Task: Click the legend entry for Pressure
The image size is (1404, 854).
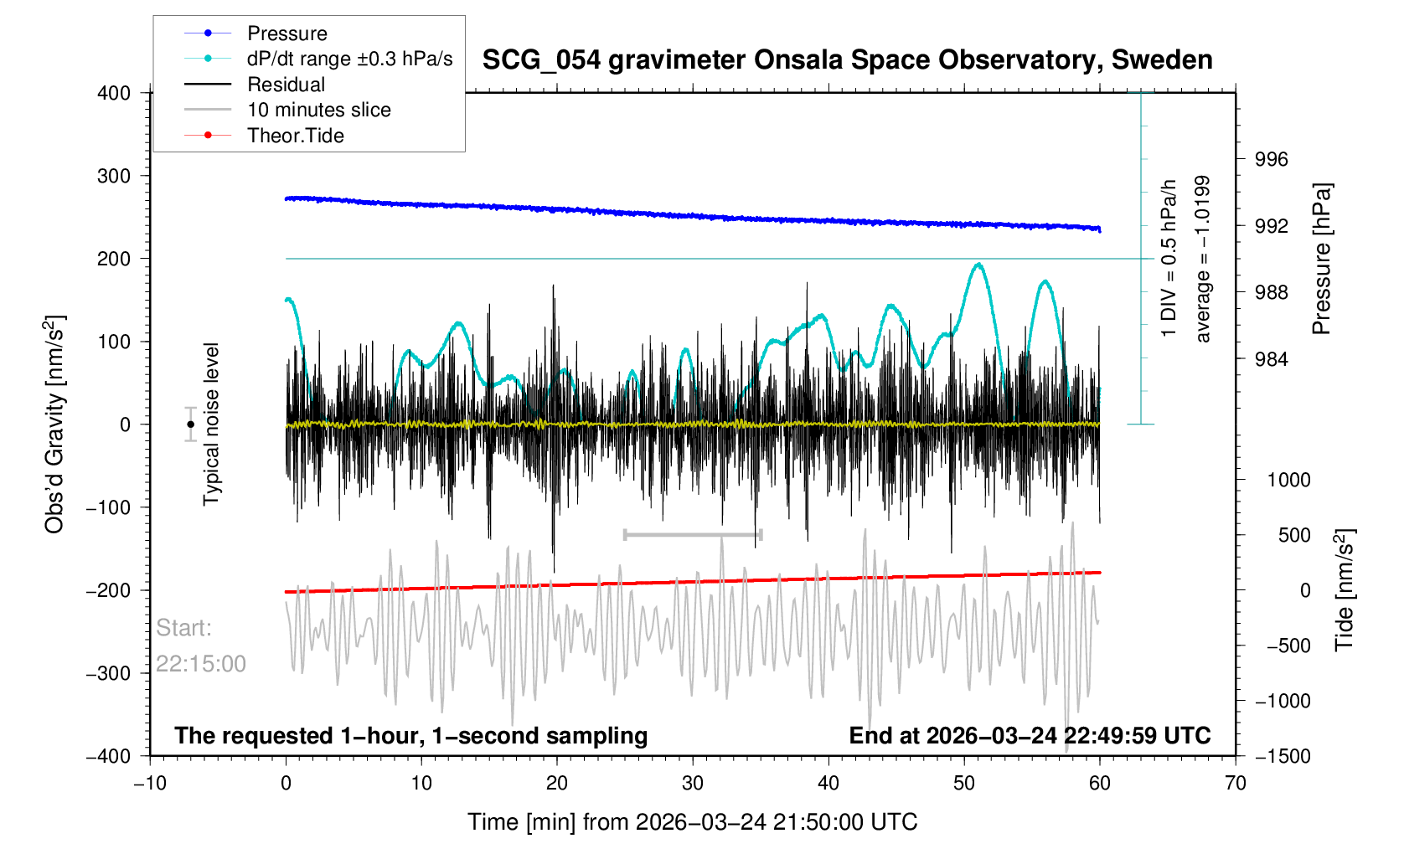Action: coord(286,33)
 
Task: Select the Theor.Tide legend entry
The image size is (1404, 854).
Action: coord(295,136)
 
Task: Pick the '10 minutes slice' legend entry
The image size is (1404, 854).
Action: coord(318,110)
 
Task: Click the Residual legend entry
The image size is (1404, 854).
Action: coord(286,85)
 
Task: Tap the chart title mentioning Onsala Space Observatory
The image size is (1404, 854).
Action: coord(847,60)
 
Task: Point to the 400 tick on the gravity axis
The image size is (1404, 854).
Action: coord(115,93)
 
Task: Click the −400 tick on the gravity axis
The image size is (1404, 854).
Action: coord(109,756)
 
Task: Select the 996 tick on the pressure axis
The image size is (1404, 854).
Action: coord(1271,160)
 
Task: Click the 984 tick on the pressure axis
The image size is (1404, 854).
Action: coord(1271,359)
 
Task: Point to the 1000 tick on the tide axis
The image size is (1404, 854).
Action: coord(1288,480)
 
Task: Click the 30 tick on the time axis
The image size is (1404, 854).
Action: coord(693,784)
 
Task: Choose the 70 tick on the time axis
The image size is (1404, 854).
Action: coord(1235,784)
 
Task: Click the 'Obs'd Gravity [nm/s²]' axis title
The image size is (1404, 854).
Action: coord(55,424)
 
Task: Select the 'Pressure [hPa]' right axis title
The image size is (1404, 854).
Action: coord(1322,259)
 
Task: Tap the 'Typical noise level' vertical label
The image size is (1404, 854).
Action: coord(211,424)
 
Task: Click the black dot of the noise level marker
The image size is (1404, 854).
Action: coord(191,424)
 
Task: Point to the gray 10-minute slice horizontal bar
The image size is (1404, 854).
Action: coord(693,534)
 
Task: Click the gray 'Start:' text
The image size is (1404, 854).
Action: coord(184,628)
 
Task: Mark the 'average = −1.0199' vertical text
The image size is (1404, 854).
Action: coord(1203,259)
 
